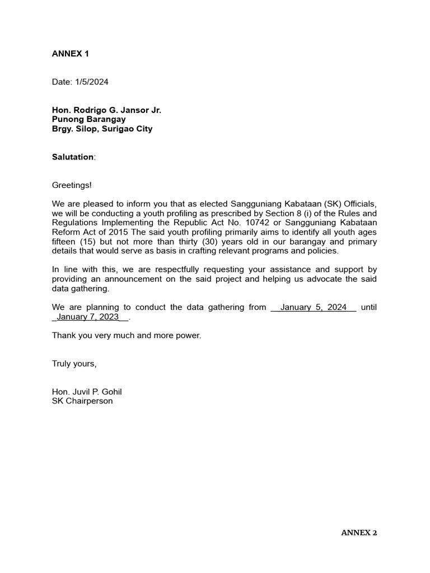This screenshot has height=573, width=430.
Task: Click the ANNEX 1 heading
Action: click(x=71, y=54)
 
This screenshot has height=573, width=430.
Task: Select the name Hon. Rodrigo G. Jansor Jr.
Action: click(x=106, y=110)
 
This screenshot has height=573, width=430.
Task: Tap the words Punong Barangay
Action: click(x=88, y=119)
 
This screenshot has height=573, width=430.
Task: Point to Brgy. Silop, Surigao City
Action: click(x=102, y=129)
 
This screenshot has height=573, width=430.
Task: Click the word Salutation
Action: click(x=73, y=157)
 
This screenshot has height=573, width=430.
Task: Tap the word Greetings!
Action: click(x=72, y=185)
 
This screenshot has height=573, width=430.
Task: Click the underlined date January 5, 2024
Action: click(x=314, y=307)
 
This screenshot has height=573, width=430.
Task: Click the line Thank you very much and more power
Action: click(x=126, y=335)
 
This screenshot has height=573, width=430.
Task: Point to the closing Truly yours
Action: click(x=74, y=363)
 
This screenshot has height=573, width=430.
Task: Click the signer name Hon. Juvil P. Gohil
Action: click(x=87, y=392)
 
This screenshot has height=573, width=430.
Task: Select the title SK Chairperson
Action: click(x=82, y=401)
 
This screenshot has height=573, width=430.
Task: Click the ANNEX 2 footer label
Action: click(x=359, y=533)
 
